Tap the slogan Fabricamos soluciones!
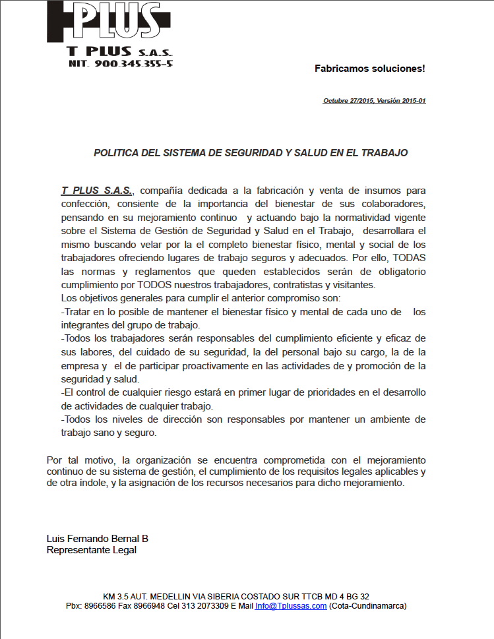369,68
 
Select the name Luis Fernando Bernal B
98,538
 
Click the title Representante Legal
92,550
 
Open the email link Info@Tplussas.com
291,605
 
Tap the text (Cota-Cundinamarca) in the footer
367,605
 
